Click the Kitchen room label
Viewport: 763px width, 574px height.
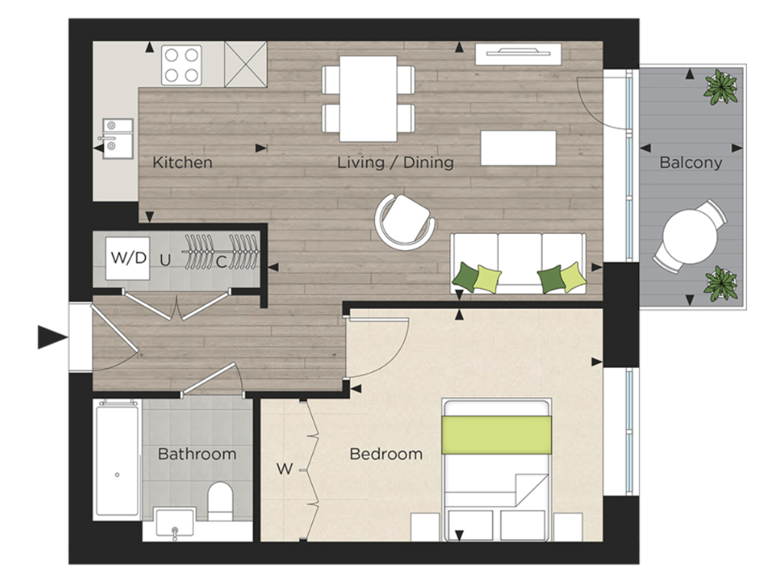coord(182,163)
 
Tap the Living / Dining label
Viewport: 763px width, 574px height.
coord(395,163)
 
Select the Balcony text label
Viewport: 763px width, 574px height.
coord(690,163)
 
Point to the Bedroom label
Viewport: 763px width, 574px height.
coord(387,454)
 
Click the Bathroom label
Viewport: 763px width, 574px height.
coord(197,454)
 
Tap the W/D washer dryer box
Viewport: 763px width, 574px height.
coord(128,258)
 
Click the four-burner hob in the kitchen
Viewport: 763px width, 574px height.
coord(182,64)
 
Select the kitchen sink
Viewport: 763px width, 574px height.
coord(118,136)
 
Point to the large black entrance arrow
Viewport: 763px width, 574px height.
coord(53,337)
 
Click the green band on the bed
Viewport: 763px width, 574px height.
coord(496,435)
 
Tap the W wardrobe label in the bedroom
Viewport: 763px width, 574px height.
coord(284,469)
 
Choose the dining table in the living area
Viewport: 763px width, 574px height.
coord(368,98)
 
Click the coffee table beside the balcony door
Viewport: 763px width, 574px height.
coord(518,148)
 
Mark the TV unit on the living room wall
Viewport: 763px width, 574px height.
coord(518,53)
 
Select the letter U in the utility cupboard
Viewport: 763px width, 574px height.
coord(164,260)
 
